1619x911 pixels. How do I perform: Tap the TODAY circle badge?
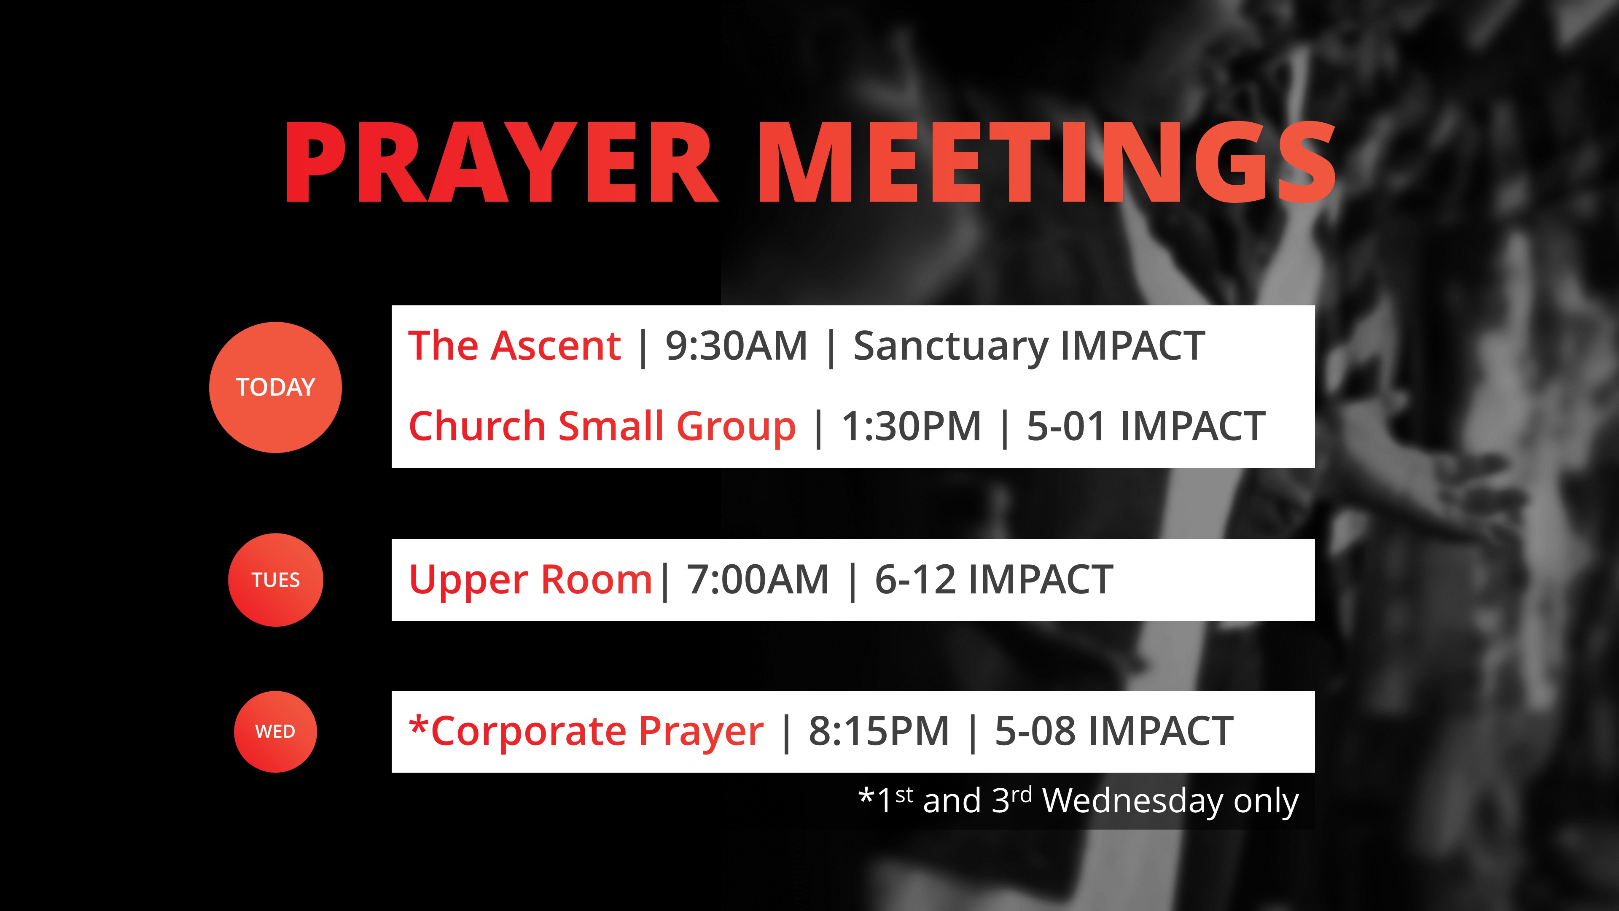pyautogui.click(x=275, y=387)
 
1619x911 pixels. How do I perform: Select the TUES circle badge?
pyautogui.click(x=275, y=579)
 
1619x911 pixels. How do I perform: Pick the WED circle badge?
pyautogui.click(x=275, y=732)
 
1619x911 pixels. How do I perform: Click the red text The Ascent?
pyautogui.click(x=514, y=346)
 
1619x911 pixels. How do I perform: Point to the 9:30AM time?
pyautogui.click(x=736, y=346)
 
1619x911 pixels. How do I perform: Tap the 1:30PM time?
pyautogui.click(x=911, y=426)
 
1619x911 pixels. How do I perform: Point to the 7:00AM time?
pyautogui.click(x=758, y=579)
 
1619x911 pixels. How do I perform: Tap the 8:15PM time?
pyautogui.click(x=879, y=731)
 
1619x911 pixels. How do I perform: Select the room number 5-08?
pyautogui.click(x=1035, y=731)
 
